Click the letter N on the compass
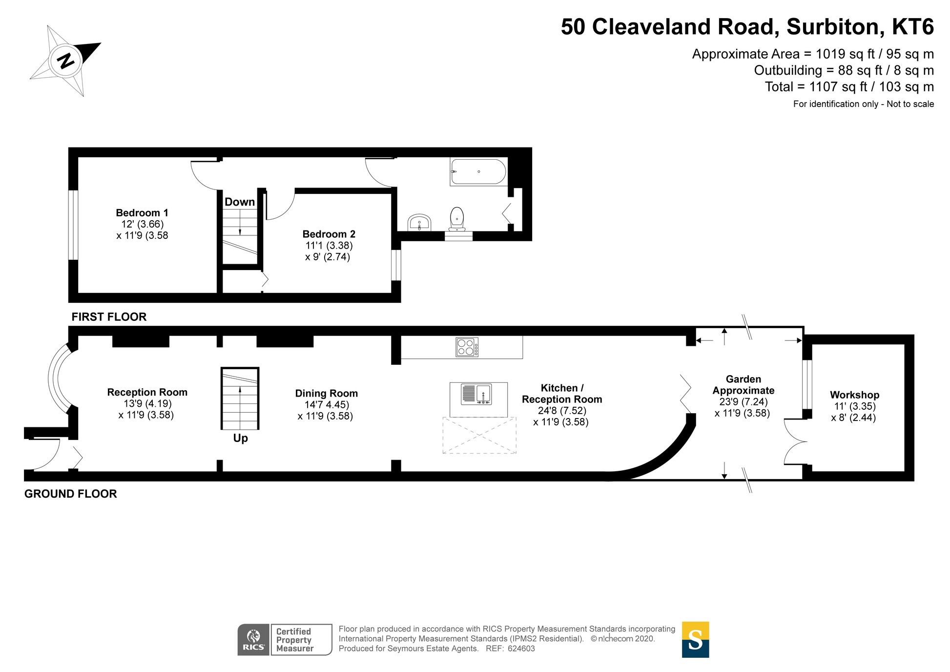[x=66, y=61]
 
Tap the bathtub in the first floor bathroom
[x=478, y=171]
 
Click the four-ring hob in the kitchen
[x=467, y=347]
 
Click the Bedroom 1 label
[x=142, y=213]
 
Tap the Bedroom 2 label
[x=329, y=234]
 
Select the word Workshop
[x=854, y=395]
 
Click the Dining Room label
[x=326, y=393]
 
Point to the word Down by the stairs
[x=239, y=202]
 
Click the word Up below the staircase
[x=240, y=438]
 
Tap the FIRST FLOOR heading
[x=109, y=316]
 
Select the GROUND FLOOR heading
[x=71, y=494]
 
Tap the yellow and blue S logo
[x=695, y=639]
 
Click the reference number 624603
[x=521, y=649]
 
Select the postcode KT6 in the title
[x=912, y=27]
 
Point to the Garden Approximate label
[x=743, y=384]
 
